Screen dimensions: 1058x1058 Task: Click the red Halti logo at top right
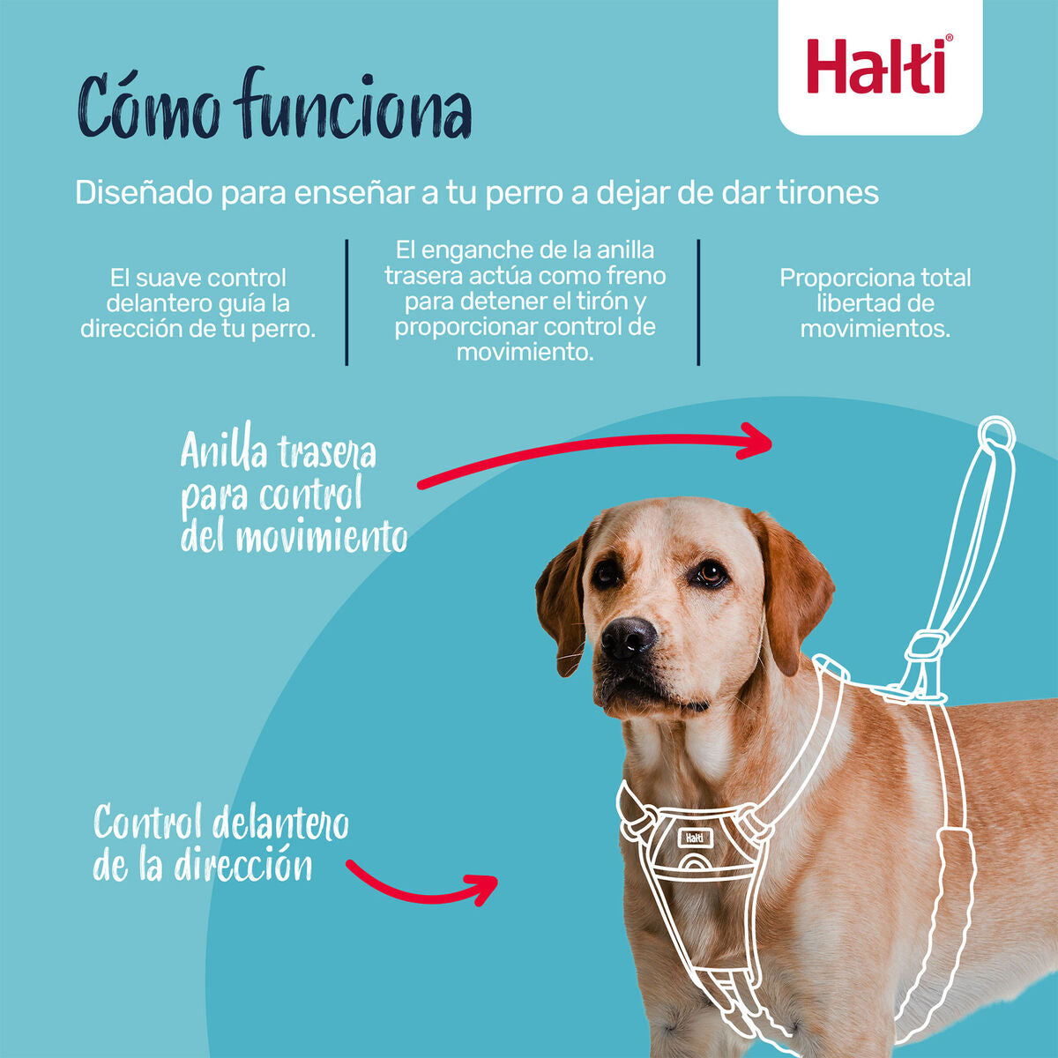[879, 65]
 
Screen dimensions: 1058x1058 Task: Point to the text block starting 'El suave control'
[198, 303]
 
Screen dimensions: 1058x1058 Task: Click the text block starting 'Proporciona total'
[875, 303]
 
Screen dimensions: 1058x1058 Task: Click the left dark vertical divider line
[346, 302]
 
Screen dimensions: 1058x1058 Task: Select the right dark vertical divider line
[698, 302]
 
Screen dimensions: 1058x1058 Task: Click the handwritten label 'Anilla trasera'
[279, 452]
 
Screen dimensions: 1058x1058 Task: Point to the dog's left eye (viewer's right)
[710, 574]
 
